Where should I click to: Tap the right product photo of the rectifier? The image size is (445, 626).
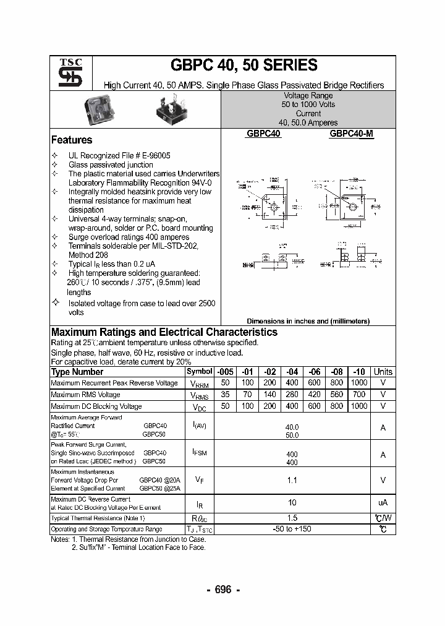(x=171, y=110)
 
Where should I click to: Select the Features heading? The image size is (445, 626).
(x=72, y=140)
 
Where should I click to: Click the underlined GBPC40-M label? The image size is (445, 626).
(x=351, y=133)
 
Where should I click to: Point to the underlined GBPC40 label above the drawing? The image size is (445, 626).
(x=264, y=133)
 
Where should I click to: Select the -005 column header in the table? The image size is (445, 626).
(x=225, y=372)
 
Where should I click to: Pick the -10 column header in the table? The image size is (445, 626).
(x=358, y=372)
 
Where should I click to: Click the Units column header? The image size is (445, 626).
(x=383, y=372)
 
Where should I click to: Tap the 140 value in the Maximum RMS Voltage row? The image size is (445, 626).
(x=269, y=395)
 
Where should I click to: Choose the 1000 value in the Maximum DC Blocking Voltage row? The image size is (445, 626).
(x=358, y=406)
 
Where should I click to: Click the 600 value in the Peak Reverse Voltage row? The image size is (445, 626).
(x=314, y=383)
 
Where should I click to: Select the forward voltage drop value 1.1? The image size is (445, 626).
(x=292, y=479)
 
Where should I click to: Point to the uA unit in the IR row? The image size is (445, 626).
(x=383, y=503)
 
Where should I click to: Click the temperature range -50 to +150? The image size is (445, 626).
(x=292, y=529)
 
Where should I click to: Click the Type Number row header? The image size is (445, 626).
(x=77, y=372)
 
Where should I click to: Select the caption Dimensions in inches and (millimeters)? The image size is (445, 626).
(x=308, y=321)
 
